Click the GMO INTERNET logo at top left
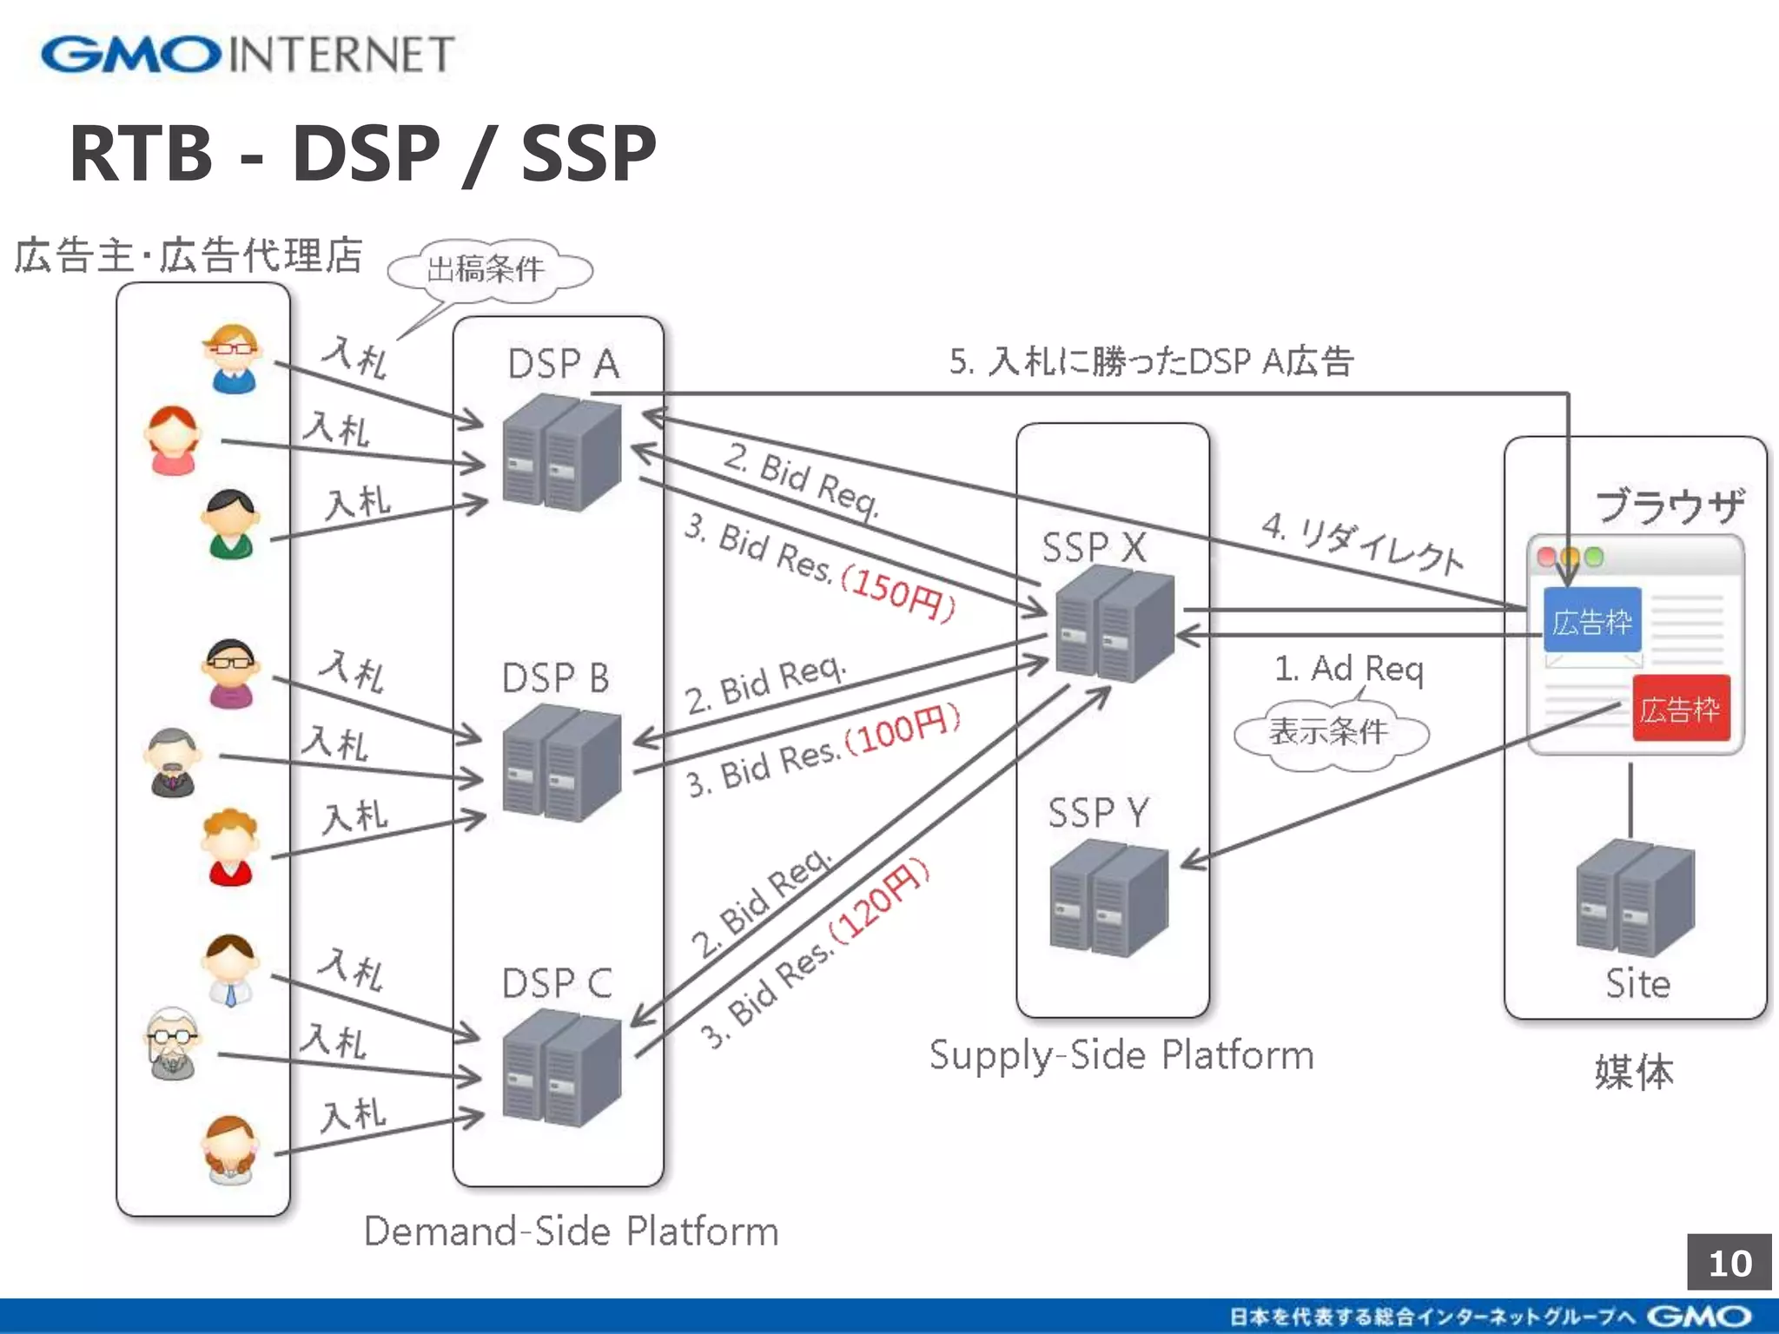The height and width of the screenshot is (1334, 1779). pyautogui.click(x=248, y=54)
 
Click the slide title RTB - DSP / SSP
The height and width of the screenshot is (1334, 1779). pyautogui.click(x=362, y=154)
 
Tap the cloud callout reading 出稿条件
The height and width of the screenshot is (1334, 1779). pyautogui.click(x=489, y=269)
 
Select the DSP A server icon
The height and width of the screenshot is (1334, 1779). pyautogui.click(x=561, y=452)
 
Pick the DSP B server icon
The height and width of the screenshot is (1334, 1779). pyautogui.click(x=561, y=763)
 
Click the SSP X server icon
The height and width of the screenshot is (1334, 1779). pyautogui.click(x=1114, y=622)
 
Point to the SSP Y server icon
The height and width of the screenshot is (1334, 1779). pyautogui.click(x=1108, y=898)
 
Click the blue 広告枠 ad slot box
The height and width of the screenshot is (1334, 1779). pyautogui.click(x=1591, y=620)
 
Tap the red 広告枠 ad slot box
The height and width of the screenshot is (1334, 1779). pyautogui.click(x=1681, y=709)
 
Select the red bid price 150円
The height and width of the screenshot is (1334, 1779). pyautogui.click(x=898, y=592)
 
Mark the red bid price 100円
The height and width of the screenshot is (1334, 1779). pyautogui.click(x=903, y=730)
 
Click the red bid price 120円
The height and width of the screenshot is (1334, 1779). pyautogui.click(x=879, y=901)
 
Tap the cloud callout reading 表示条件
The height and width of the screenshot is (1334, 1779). pyautogui.click(x=1329, y=731)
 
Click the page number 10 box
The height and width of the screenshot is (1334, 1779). pyautogui.click(x=1729, y=1262)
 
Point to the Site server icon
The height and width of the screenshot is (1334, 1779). pyautogui.click(x=1635, y=898)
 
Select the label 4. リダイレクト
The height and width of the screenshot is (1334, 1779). pyautogui.click(x=1362, y=544)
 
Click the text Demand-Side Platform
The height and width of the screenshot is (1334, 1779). pyautogui.click(x=571, y=1231)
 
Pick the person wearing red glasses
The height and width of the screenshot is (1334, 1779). pyautogui.click(x=232, y=357)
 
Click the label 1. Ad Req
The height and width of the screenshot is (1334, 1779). pyautogui.click(x=1348, y=669)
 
